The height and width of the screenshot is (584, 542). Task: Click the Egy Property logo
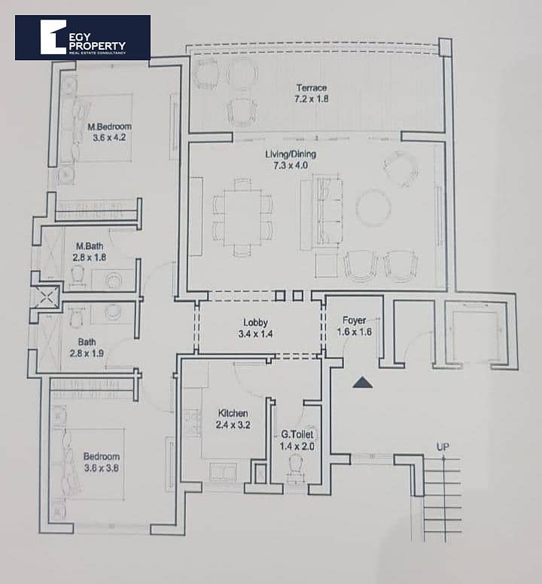83,38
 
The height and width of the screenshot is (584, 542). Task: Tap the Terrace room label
312,88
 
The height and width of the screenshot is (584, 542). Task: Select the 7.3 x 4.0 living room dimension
291,165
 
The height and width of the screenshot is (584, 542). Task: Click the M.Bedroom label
109,127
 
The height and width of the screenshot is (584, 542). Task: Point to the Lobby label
255,323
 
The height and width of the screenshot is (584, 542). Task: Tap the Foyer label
354,320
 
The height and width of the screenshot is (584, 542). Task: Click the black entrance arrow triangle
363,383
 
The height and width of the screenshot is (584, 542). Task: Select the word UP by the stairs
443,447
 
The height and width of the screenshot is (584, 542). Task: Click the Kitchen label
233,413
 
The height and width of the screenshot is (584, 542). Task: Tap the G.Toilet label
297,434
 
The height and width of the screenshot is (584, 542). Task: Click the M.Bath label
90,246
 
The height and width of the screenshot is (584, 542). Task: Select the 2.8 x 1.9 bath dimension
87,353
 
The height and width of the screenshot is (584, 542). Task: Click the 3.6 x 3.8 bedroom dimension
102,468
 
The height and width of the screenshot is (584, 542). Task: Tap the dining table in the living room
242,218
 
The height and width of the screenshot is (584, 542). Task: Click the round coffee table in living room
373,207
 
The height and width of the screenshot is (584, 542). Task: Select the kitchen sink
223,472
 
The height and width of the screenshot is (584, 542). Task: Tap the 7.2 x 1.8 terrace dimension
312,99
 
